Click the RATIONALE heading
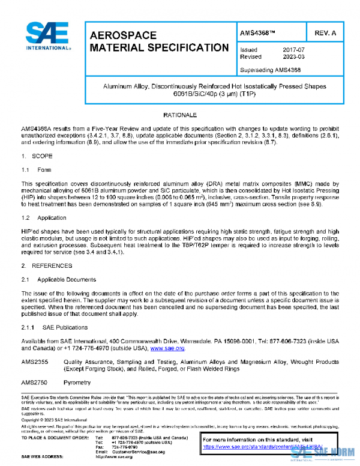180,114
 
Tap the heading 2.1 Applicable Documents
58,280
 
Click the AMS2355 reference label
34,363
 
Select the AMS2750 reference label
34,382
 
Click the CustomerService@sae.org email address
139,452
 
